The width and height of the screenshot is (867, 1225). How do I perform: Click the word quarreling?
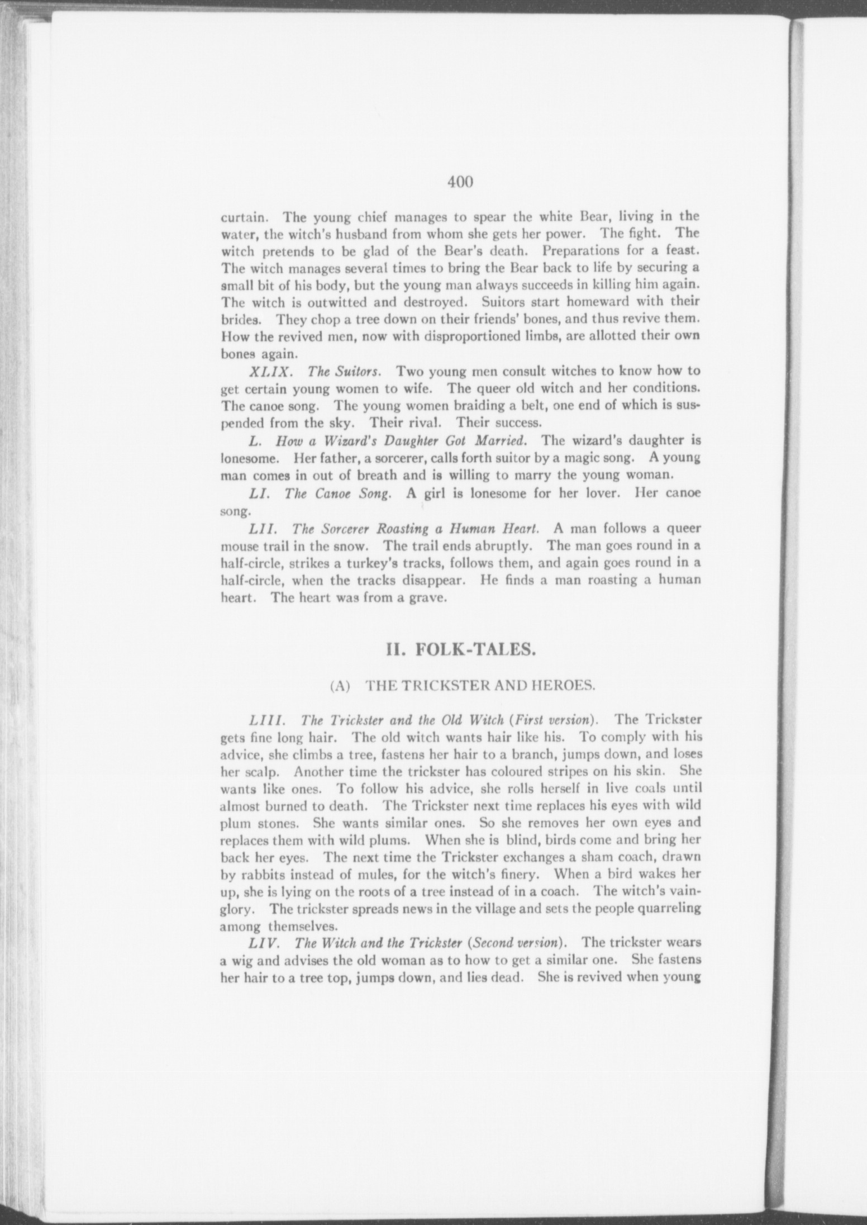[668, 908]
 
